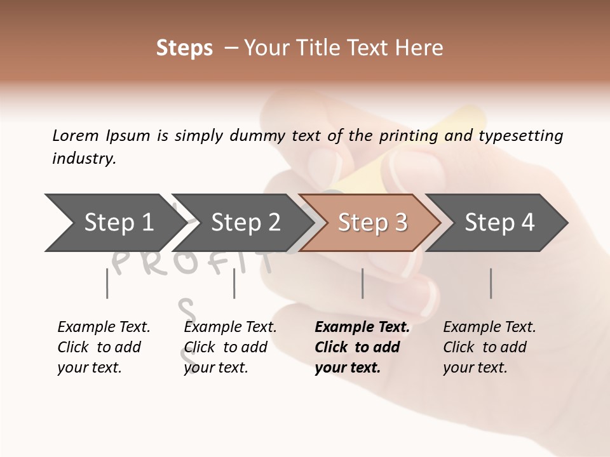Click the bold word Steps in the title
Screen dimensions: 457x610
tap(184, 48)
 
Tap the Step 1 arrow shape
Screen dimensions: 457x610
tap(111, 223)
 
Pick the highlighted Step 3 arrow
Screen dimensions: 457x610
tap(372, 223)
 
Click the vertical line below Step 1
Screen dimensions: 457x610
tap(107, 283)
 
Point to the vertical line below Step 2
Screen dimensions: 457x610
tap(234, 283)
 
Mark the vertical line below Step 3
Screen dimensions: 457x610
tap(362, 283)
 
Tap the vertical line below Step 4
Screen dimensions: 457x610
tap(491, 283)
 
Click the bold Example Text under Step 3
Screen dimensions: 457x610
tap(362, 347)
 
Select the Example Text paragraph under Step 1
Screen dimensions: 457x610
tap(104, 347)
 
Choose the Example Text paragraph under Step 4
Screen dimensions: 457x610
tap(489, 347)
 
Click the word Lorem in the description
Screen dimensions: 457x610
tap(76, 135)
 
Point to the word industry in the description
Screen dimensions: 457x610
tap(84, 159)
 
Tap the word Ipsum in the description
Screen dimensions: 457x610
tap(128, 135)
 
